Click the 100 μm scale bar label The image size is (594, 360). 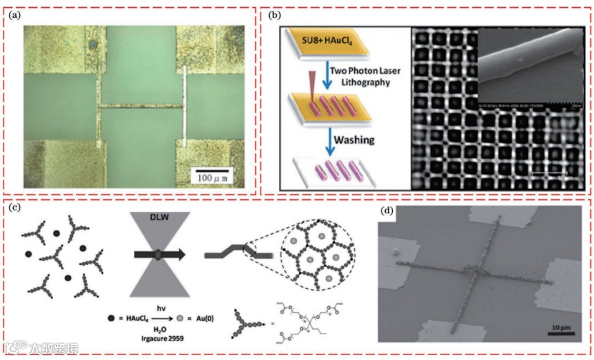click(218, 175)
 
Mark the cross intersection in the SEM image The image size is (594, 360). click(474, 270)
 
